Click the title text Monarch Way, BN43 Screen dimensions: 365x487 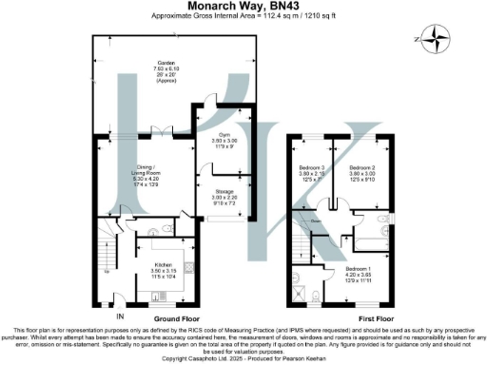[x=243, y=7]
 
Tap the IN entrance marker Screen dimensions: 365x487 [x=120, y=316]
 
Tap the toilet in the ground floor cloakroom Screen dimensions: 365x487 [x=167, y=229]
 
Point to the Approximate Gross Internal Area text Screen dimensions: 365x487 [x=243, y=17]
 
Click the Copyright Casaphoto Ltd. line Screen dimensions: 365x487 [x=243, y=360]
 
